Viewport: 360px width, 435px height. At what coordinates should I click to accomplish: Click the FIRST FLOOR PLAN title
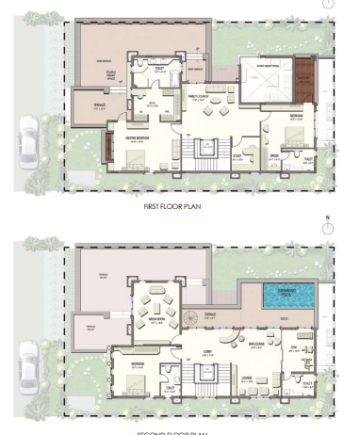point(172,204)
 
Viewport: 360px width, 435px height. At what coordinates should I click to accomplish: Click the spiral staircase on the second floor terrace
point(192,317)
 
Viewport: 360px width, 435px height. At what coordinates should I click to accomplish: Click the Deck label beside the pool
point(282,318)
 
